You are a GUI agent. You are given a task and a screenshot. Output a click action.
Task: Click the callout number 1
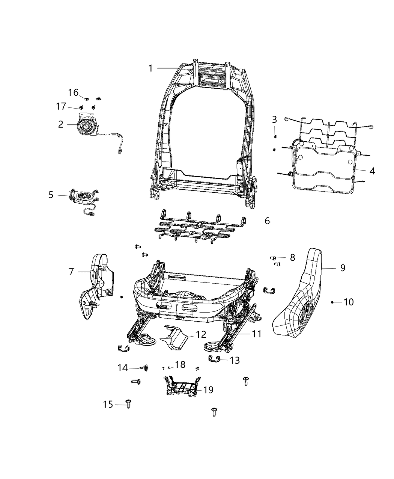150,68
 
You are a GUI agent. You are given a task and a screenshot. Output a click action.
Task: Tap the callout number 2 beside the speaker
61,124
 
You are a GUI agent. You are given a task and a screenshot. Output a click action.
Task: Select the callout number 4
372,171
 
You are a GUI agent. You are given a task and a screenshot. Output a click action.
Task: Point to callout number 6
267,221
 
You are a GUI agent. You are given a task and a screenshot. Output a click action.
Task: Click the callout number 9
343,268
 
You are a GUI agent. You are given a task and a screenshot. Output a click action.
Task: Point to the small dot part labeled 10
332,302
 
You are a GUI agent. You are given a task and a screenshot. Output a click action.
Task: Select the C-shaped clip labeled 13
215,359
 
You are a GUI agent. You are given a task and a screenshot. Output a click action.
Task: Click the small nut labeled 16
86,99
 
